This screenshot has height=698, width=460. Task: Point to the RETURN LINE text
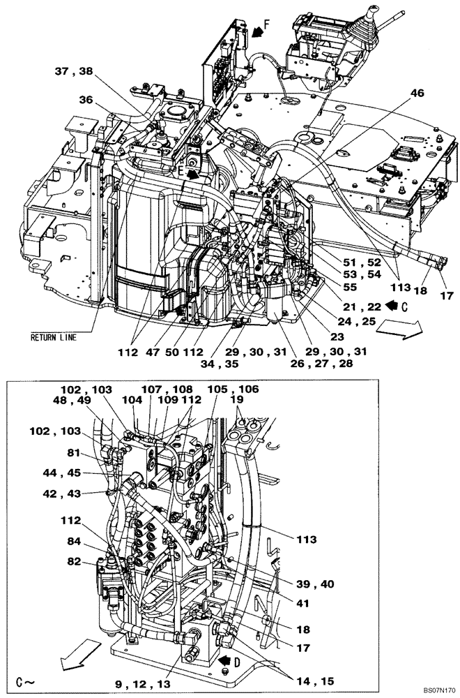[x=53, y=337]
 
